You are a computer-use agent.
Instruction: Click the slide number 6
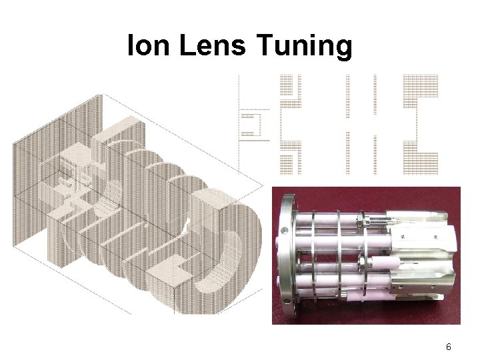click(449, 347)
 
